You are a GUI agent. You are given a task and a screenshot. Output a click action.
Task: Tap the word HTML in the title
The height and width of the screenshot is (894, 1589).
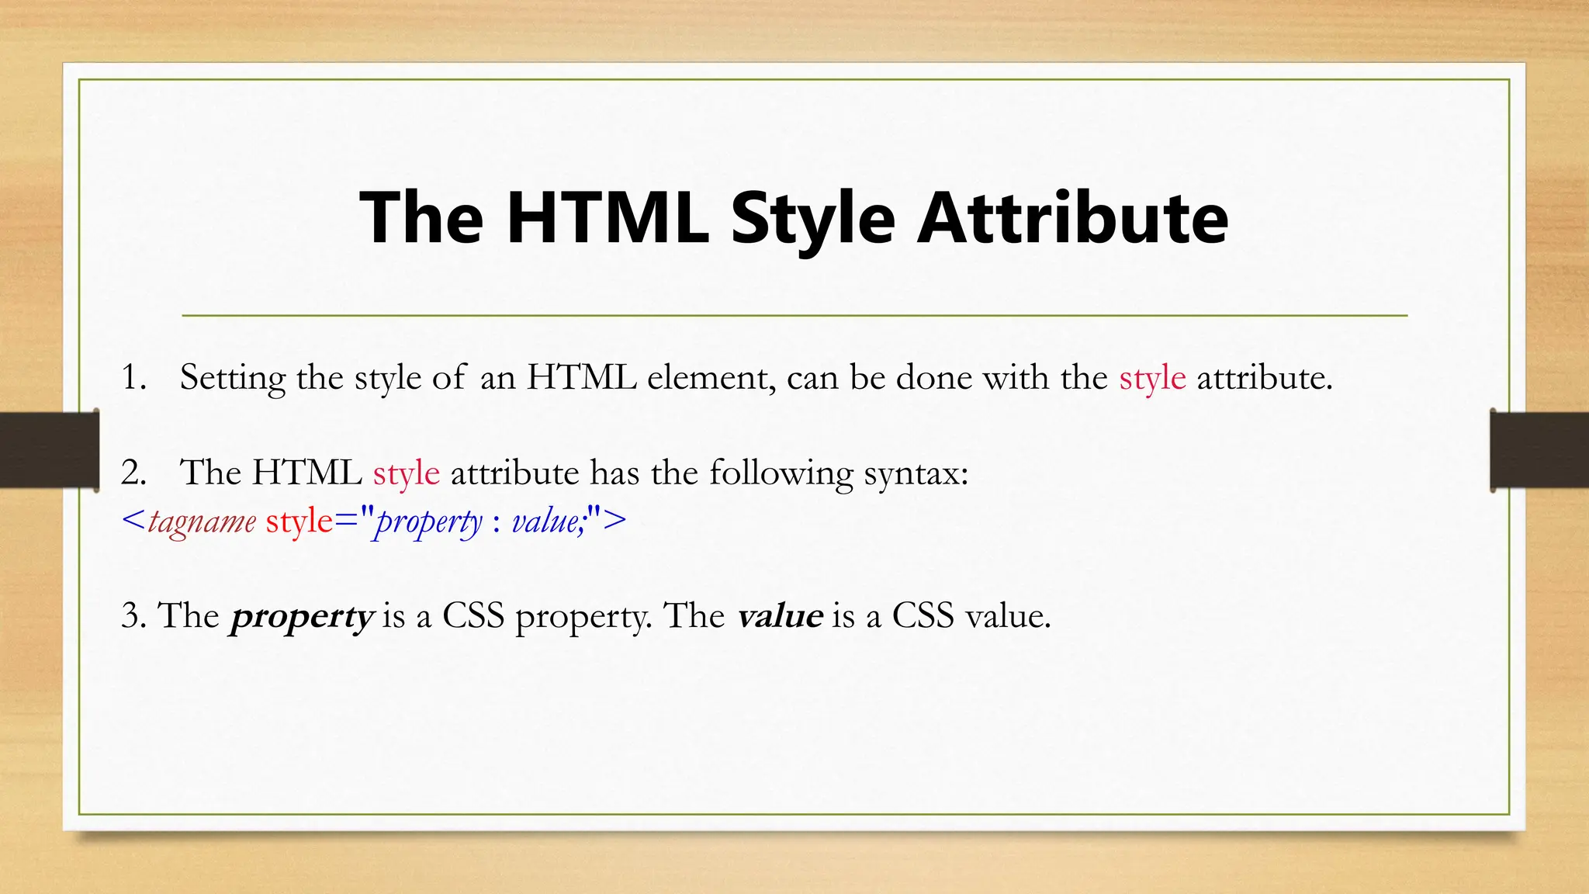(608, 218)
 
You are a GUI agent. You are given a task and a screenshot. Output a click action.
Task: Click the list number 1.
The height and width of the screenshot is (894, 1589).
(133, 378)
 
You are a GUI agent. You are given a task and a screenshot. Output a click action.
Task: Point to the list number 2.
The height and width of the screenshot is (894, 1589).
(133, 473)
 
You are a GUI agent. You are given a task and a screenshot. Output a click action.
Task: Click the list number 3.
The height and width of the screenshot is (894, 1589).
(133, 616)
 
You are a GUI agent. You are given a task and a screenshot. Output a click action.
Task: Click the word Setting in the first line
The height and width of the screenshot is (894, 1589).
(233, 379)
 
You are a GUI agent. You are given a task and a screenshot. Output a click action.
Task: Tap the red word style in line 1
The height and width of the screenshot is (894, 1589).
(1152, 379)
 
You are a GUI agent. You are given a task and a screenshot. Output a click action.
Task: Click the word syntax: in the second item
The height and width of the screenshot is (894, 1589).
(916, 473)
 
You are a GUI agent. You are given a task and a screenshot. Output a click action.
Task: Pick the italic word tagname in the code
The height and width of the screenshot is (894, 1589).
(202, 521)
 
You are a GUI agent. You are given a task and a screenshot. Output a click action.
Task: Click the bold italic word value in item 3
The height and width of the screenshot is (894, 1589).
(780, 616)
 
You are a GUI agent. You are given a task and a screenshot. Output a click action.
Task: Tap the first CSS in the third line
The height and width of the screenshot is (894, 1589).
(473, 616)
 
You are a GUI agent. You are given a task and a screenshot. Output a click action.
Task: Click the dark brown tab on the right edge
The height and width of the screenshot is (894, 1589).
(1539, 450)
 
